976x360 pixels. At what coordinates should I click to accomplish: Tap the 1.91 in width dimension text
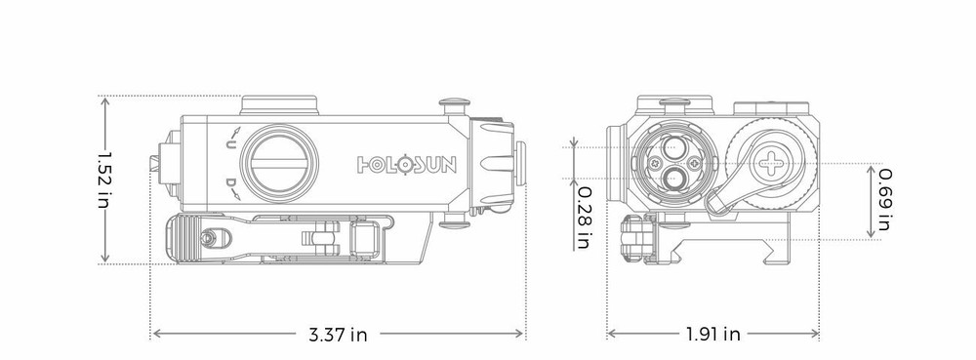[x=712, y=335]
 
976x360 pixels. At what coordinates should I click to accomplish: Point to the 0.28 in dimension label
[x=582, y=216]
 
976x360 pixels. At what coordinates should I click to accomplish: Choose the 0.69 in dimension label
[x=883, y=198]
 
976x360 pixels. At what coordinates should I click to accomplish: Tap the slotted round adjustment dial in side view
[x=279, y=160]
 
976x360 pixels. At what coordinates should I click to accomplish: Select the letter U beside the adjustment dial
[x=230, y=144]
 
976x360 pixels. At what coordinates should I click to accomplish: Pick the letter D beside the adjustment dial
[x=230, y=183]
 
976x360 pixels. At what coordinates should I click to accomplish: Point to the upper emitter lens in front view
[x=674, y=147]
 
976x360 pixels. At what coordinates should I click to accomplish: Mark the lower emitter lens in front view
[x=673, y=178]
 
